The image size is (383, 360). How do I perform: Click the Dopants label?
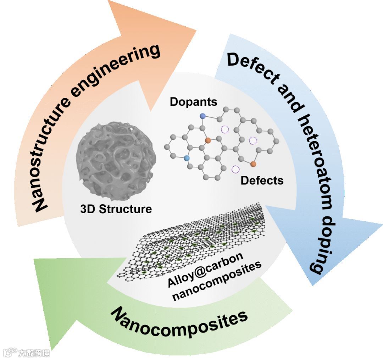click(193, 102)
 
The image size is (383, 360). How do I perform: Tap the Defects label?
click(262, 180)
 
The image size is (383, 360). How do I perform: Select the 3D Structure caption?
click(115, 209)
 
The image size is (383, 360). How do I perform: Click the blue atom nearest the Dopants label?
click(203, 116)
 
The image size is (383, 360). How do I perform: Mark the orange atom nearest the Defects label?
click(253, 164)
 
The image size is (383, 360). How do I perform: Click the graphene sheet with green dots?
click(199, 241)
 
